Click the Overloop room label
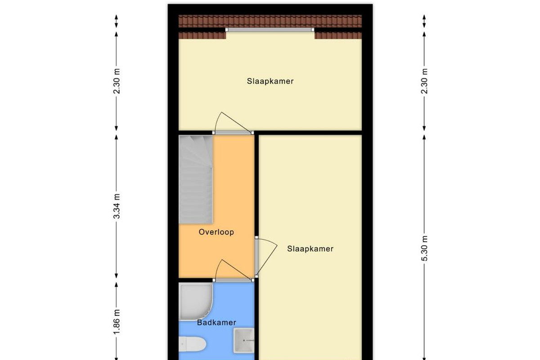coord(216,232)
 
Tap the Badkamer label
coord(216,322)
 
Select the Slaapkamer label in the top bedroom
coord(270,81)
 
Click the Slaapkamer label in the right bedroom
coord(310,248)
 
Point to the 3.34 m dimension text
coord(117,206)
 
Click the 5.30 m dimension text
coord(424,248)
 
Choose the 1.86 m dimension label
coord(117,322)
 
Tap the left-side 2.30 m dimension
coord(117,81)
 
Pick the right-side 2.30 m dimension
coord(424,81)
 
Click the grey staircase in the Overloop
coord(195,180)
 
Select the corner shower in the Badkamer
coord(195,301)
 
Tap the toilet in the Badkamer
coord(193,344)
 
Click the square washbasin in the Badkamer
coord(244,341)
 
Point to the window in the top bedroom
coord(270,30)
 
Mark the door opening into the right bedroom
coord(266,257)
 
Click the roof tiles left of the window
coord(202,36)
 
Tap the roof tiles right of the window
coord(338,36)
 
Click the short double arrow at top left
coord(117,21)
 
